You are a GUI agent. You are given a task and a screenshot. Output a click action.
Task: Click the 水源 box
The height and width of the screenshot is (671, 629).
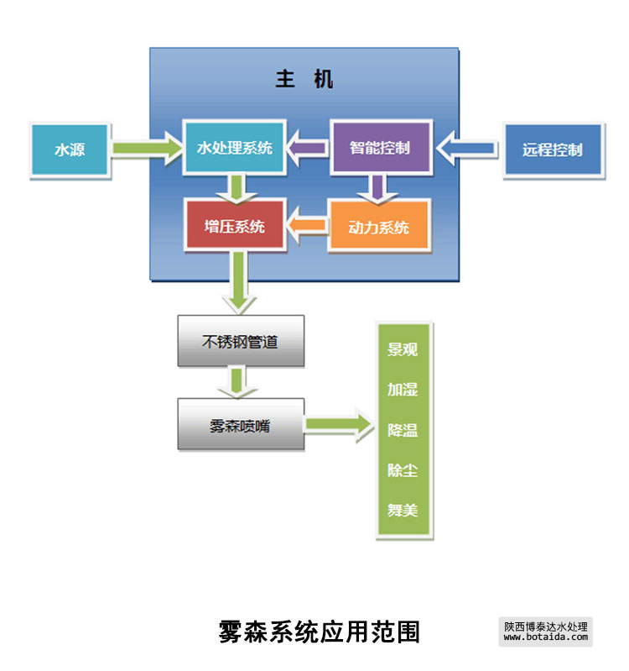pyautogui.click(x=70, y=149)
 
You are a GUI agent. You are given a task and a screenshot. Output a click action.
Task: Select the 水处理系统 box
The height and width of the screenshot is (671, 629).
pyautogui.click(x=234, y=149)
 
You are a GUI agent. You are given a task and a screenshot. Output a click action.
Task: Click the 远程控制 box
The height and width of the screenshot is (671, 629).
pyautogui.click(x=552, y=150)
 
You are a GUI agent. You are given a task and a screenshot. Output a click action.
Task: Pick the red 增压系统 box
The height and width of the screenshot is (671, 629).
pyautogui.click(x=234, y=226)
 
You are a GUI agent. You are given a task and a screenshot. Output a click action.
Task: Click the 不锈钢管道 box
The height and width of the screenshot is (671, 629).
pyautogui.click(x=240, y=342)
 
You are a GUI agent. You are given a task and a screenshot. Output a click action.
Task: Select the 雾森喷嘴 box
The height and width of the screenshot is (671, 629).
pyautogui.click(x=240, y=425)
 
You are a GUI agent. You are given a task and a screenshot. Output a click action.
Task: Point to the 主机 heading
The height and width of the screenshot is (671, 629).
pyautogui.click(x=304, y=80)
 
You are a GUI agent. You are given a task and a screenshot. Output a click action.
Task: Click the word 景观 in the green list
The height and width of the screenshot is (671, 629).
pyautogui.click(x=403, y=350)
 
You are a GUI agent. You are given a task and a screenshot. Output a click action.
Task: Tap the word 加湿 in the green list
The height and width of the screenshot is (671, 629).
pyautogui.click(x=403, y=390)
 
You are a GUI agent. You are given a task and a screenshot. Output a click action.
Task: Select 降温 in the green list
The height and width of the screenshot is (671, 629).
pyautogui.click(x=403, y=430)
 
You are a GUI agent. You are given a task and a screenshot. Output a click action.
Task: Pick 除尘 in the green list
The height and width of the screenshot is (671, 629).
pyautogui.click(x=403, y=469)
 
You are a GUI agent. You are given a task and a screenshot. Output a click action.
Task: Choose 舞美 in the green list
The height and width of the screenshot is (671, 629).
pyautogui.click(x=403, y=510)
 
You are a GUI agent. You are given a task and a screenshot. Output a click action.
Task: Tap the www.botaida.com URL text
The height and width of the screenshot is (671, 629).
pyautogui.click(x=546, y=637)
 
